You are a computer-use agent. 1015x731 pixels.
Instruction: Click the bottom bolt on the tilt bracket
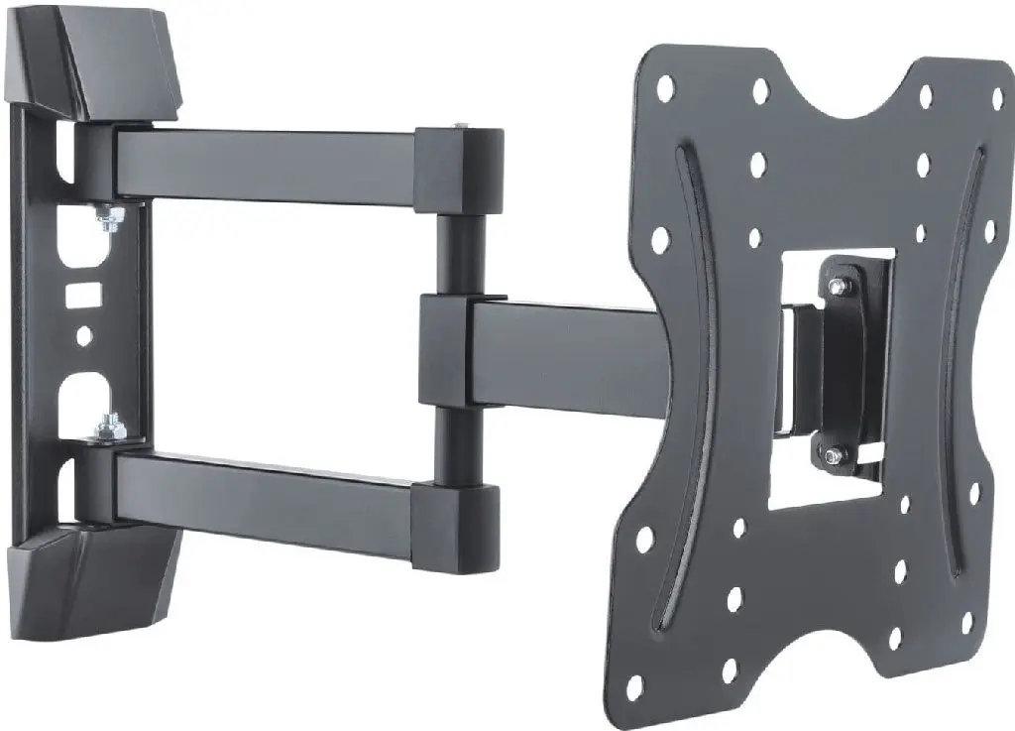[x=833, y=456]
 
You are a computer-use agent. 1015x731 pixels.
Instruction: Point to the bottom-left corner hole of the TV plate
[x=634, y=683]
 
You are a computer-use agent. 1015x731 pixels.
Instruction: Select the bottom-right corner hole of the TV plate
[x=967, y=622]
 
